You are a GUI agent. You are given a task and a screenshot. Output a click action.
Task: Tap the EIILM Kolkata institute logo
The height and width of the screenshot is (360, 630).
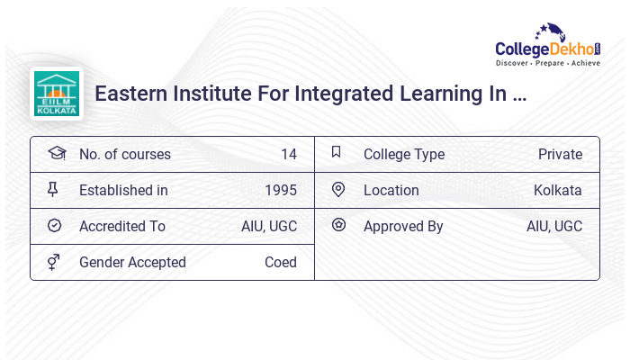[56, 94]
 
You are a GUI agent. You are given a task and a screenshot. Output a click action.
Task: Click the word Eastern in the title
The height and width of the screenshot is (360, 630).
[130, 94]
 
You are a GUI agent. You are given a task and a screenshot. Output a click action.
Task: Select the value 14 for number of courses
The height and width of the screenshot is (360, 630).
[288, 154]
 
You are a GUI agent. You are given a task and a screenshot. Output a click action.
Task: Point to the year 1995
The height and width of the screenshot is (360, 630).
[281, 190]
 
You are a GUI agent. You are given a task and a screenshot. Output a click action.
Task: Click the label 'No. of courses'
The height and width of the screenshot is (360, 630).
[124, 154]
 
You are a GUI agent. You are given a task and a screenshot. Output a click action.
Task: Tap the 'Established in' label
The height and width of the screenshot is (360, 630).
[123, 190]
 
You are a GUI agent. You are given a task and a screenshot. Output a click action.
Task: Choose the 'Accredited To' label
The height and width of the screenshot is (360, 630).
[122, 226]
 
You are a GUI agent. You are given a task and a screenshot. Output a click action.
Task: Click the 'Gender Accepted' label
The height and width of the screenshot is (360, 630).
[132, 262]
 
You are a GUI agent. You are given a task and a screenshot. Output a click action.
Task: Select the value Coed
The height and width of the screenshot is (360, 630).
[281, 262]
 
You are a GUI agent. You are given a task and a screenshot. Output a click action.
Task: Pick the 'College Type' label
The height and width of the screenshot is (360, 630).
[404, 154]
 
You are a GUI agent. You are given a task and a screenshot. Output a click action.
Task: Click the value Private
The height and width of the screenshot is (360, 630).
[560, 154]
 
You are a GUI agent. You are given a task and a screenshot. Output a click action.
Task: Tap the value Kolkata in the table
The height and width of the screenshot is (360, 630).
[557, 190]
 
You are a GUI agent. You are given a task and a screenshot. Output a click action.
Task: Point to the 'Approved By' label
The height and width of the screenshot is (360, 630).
[403, 226]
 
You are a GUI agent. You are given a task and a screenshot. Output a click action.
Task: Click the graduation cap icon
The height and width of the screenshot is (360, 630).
[56, 153]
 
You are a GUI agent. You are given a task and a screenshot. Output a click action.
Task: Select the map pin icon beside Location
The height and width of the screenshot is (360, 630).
[338, 189]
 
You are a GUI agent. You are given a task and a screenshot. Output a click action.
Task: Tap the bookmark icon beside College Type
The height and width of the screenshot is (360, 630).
[336, 152]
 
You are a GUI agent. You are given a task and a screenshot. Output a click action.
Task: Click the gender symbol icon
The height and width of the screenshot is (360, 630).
[54, 262]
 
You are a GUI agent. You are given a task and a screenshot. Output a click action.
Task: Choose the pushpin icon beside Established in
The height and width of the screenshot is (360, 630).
[54, 189]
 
